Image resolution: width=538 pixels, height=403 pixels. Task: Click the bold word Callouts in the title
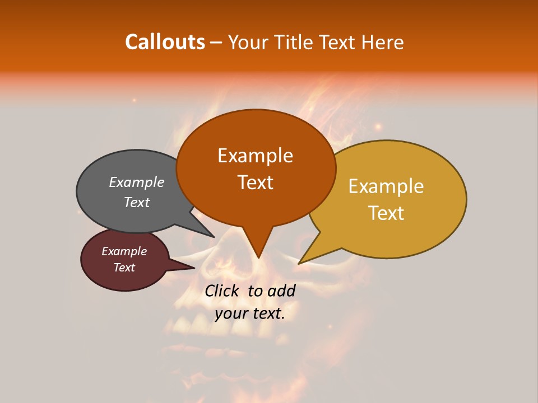165,42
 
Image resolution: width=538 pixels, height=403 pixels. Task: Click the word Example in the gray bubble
137,182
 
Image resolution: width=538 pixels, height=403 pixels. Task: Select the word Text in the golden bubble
386,213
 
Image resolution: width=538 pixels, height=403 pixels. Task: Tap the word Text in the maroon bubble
124,268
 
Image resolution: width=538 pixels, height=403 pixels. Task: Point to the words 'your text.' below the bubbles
250,313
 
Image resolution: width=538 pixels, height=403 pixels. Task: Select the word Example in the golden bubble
386,186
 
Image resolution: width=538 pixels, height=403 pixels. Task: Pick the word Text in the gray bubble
137,202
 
